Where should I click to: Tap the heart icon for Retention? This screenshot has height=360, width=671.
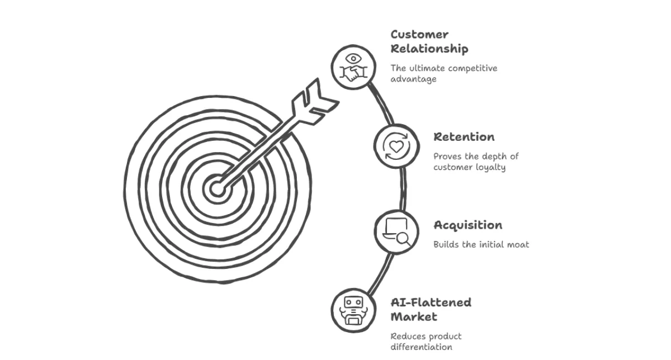coord(396,146)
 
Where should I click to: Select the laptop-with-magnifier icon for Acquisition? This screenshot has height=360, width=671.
coord(396,231)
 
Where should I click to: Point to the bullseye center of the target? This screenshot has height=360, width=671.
coord(217,187)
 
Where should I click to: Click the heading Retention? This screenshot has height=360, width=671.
coord(464,137)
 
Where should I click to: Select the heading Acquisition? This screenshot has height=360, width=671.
coord(467,225)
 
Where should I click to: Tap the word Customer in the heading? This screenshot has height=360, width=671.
coord(419,35)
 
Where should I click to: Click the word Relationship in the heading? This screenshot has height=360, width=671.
coord(429,49)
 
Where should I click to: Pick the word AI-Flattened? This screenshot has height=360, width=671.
coord(431,302)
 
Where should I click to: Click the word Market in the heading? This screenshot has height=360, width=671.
coord(414,317)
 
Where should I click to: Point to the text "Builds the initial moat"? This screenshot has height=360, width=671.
coord(481,244)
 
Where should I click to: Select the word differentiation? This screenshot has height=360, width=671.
coord(421,347)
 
